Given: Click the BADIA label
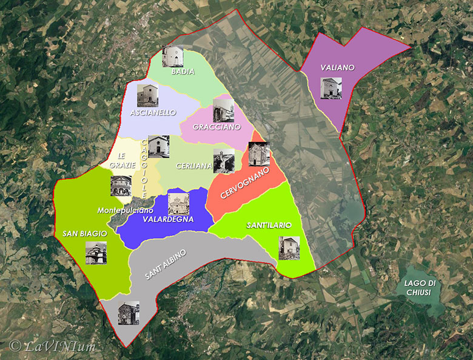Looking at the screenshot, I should (183, 72).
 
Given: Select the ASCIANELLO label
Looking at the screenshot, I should (153, 112).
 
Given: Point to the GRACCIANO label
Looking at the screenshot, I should (216, 127).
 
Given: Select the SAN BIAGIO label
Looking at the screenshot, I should (85, 233).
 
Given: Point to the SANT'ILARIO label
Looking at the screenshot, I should (269, 225).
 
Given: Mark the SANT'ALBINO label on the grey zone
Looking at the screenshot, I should (166, 264).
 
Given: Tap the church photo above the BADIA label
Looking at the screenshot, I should (173, 56).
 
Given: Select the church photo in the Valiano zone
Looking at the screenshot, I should (330, 88).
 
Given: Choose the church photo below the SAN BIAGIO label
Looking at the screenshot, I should (96, 253).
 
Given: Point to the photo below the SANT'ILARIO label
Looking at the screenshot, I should (289, 248).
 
